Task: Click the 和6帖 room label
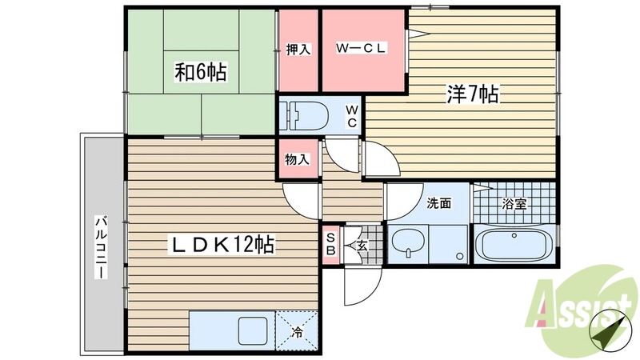(200, 73)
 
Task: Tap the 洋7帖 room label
(472, 95)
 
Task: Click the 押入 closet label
(298, 50)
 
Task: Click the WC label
(351, 116)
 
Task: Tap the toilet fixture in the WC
(306, 115)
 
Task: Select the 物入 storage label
(298, 159)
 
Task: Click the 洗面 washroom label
(438, 203)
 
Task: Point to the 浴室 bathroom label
(514, 203)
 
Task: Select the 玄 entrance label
(362, 245)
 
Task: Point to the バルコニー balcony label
(102, 246)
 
